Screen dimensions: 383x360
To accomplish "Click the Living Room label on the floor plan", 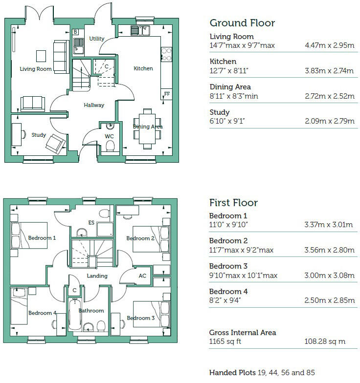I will tap(35, 69).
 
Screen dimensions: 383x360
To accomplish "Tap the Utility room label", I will tap(97, 39).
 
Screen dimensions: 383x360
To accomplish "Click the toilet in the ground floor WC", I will tap(110, 146).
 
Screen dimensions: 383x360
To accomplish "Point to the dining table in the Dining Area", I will tap(147, 127).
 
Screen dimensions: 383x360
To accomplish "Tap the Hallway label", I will tap(93, 105).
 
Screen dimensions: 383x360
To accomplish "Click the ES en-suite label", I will tap(91, 223).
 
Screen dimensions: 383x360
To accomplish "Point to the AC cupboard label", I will tap(142, 276).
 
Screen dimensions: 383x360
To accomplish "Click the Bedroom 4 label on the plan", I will tap(42, 313).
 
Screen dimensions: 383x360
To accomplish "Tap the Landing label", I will tap(97, 276).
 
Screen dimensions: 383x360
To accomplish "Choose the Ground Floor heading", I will tap(242, 23).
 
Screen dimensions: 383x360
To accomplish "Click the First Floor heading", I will tap(233, 203).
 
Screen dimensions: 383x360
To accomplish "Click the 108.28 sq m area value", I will tap(324, 341).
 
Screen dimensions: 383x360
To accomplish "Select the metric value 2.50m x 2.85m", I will tap(329, 300).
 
